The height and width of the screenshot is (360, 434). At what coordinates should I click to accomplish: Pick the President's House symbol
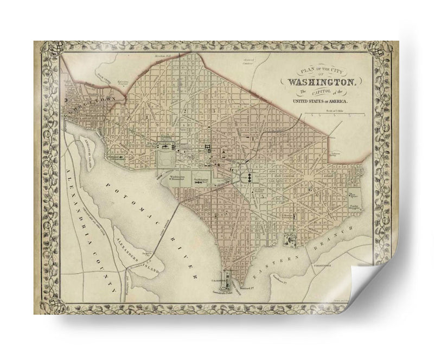(164, 145)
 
